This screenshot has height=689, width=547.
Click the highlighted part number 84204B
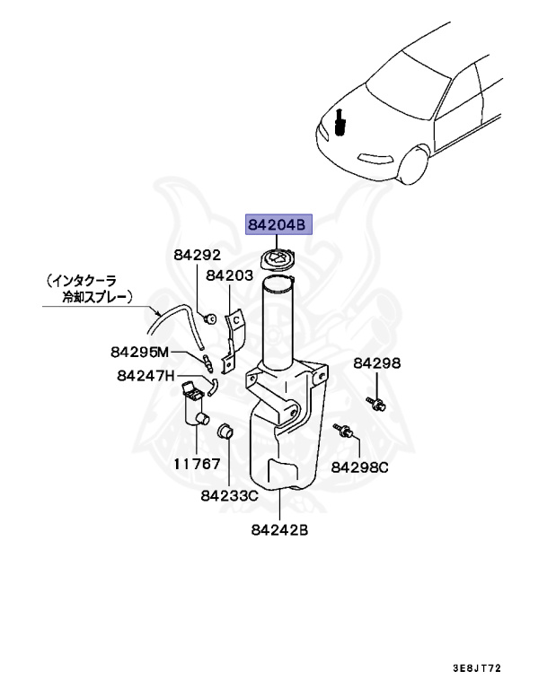click(278, 226)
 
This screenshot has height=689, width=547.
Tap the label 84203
click(229, 276)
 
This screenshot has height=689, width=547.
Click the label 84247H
click(145, 375)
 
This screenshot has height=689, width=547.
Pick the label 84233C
click(229, 494)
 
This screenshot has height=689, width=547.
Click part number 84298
click(376, 362)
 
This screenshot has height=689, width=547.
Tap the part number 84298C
click(359, 467)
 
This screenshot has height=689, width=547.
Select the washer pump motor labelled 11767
click(195, 409)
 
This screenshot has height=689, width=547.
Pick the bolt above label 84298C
click(343, 432)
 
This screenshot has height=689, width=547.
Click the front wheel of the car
click(412, 166)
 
